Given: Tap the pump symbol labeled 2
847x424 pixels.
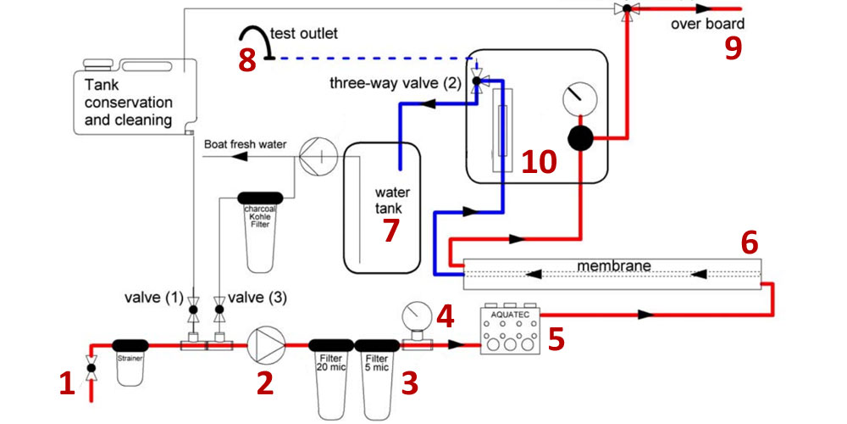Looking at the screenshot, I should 263,345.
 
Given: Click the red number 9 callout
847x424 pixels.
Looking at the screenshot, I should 734,48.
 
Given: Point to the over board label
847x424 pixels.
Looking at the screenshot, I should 707,24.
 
